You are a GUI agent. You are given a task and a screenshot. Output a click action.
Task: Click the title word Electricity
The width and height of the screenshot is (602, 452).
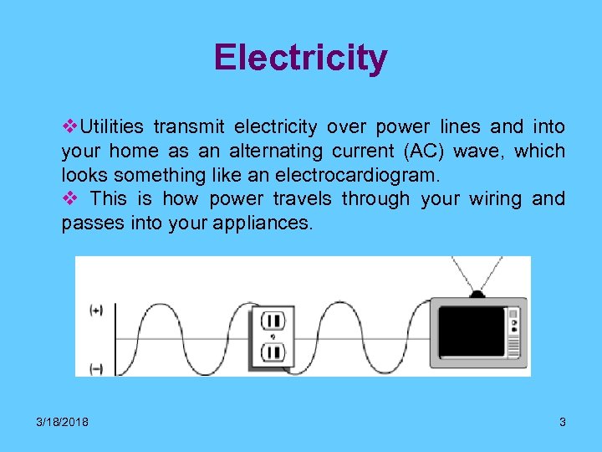pos(300,59)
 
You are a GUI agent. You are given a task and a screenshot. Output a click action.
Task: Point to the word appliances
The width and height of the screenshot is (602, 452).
pos(268,223)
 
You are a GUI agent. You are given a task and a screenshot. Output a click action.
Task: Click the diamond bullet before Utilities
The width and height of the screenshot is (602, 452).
pos(69,127)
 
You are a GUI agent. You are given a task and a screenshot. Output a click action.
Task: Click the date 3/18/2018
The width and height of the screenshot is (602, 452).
pos(63,422)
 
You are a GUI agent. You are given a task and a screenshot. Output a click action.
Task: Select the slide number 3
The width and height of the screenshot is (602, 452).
pos(563,422)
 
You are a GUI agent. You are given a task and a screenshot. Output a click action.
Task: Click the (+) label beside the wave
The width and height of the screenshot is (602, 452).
pos(96,311)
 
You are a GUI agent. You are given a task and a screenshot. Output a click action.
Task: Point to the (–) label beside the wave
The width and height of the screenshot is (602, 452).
pos(96,368)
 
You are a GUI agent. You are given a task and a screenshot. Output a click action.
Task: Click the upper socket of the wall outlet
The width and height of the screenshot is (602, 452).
pos(273,321)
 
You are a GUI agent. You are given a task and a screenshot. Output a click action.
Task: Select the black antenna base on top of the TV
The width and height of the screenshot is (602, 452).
pos(477,294)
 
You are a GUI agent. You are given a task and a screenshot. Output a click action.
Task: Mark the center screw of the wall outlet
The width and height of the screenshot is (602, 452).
pos(273,336)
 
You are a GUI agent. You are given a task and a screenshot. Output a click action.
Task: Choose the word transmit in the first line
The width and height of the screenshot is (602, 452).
pos(189,127)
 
